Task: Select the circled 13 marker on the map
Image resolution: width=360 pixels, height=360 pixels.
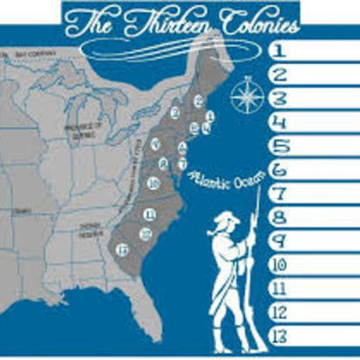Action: point(121,248)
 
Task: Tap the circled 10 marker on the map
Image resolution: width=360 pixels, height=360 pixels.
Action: point(154,184)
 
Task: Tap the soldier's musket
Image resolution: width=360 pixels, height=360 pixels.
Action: point(255,270)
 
